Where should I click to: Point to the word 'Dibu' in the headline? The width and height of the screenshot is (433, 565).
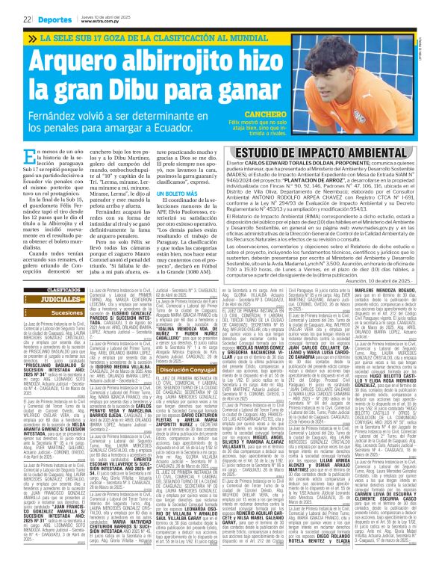tap(153, 93)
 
